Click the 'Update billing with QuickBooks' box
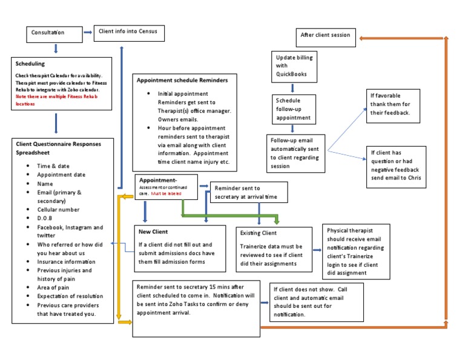coord(292,66)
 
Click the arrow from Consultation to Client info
coord(87,32)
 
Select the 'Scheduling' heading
coord(30,63)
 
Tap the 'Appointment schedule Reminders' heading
coord(182,80)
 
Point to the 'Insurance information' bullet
coord(67,261)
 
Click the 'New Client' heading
coord(153,232)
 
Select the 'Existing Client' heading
coord(259,233)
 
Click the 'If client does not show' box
coord(310,302)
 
